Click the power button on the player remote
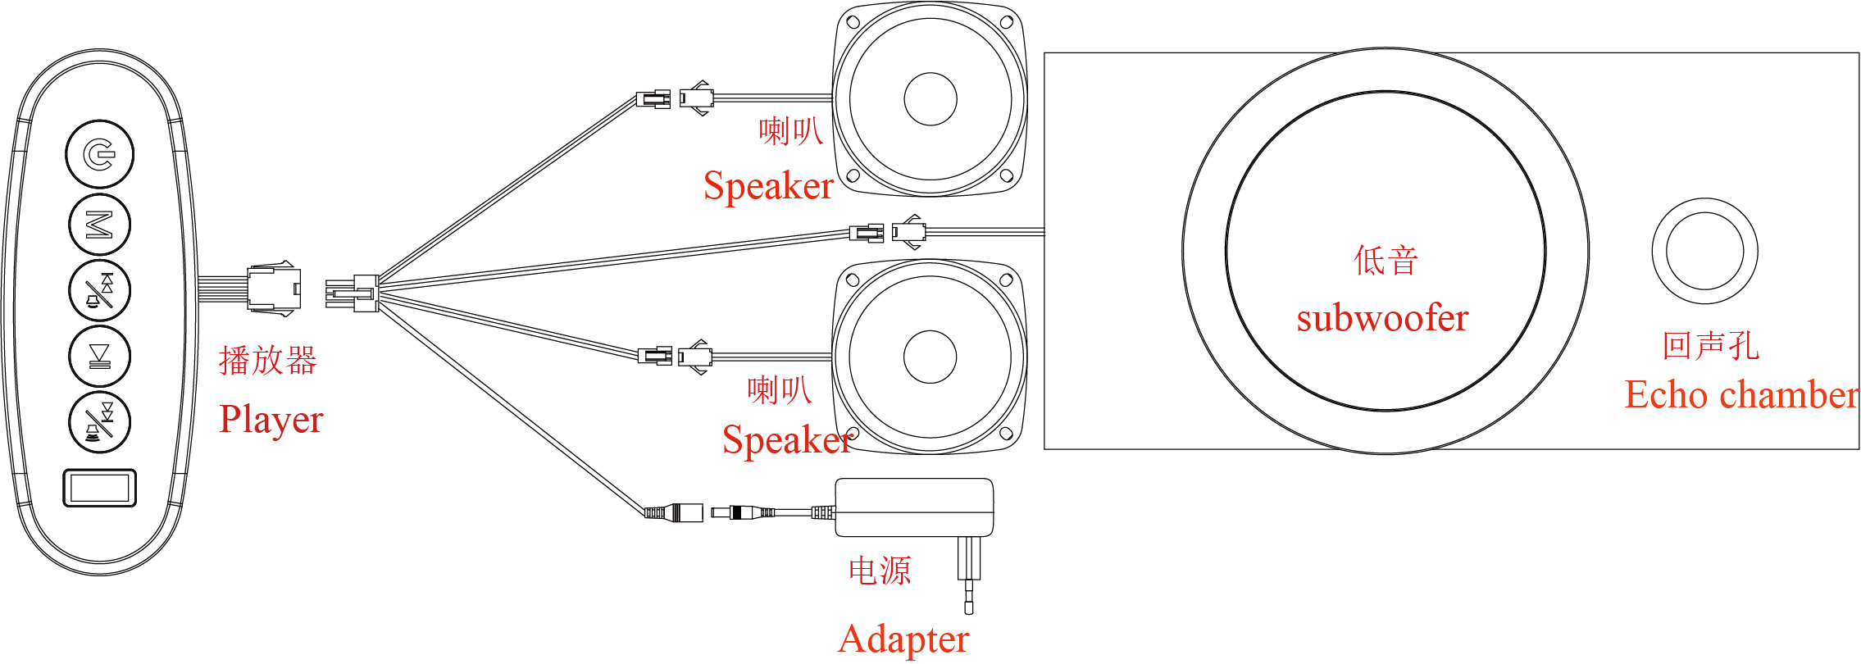click(99, 154)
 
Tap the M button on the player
click(99, 224)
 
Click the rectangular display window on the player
click(99, 489)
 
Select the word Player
click(271, 421)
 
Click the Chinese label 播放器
click(267, 361)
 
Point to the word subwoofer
click(1382, 318)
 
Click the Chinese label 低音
click(1386, 261)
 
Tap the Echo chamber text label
click(1740, 395)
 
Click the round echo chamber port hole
click(1704, 251)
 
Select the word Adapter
click(903, 639)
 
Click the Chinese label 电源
click(879, 571)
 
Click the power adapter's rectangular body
click(914, 507)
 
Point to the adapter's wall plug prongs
click(969, 574)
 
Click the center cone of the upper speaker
click(930, 99)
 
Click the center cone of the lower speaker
click(930, 357)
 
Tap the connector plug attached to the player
click(274, 289)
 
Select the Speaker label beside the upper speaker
click(768, 186)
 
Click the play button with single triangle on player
click(99, 356)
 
